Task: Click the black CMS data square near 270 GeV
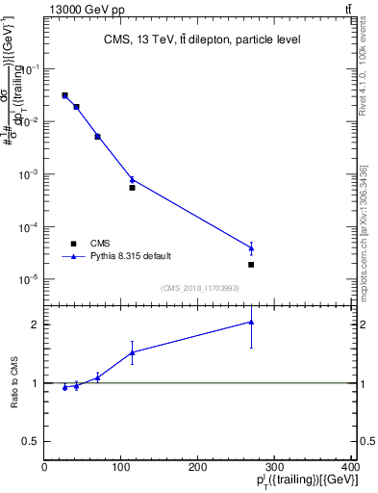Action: [251, 265]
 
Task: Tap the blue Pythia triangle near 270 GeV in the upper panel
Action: [251, 248]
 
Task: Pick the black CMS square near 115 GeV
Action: [132, 188]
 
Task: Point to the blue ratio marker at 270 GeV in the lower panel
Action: [251, 323]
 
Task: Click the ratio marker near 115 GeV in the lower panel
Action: [132, 352]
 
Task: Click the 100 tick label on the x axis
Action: [121, 467]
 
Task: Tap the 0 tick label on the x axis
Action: [45, 467]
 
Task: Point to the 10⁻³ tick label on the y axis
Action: [30, 175]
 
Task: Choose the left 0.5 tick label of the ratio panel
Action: [33, 441]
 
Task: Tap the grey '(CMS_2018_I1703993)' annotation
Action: [200, 287]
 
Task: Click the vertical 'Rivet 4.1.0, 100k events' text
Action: [363, 72]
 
